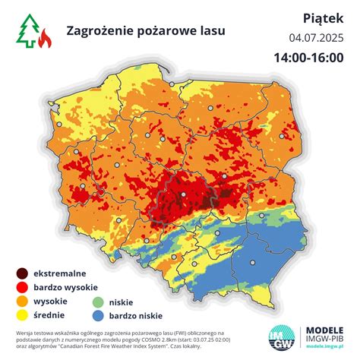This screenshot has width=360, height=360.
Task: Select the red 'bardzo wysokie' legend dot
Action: [24, 287]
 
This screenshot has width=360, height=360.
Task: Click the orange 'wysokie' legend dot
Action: [24, 301]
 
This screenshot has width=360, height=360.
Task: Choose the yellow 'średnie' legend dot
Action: [24, 314]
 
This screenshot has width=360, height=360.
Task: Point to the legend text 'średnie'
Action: [49, 314]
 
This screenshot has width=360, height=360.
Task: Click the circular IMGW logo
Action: [283, 339]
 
